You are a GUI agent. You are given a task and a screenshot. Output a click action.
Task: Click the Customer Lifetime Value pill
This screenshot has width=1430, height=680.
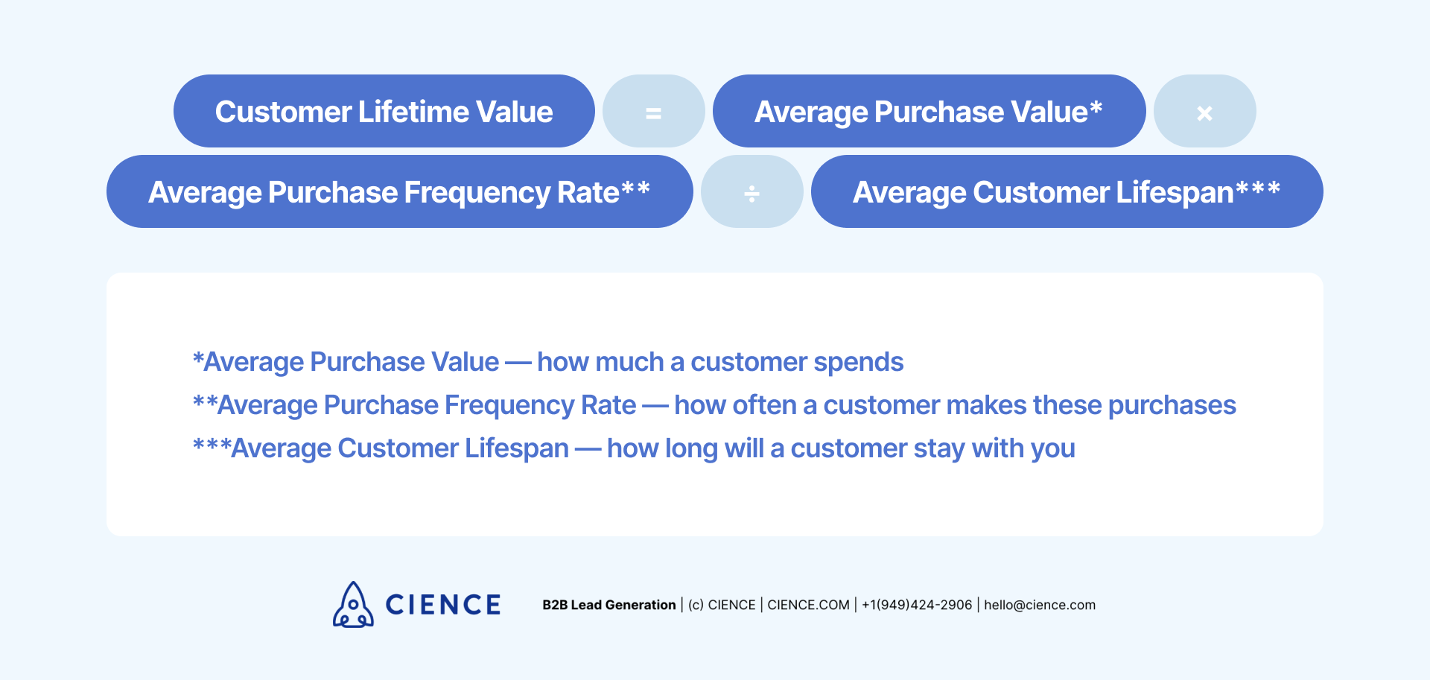(384, 111)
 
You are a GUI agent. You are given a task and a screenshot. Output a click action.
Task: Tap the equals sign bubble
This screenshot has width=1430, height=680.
(653, 112)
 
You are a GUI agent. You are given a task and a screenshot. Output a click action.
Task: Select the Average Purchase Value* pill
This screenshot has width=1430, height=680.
(928, 111)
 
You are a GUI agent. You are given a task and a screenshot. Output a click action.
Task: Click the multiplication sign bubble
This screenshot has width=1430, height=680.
(1204, 112)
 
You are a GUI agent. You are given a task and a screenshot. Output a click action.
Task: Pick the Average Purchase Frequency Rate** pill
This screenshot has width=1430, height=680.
(399, 192)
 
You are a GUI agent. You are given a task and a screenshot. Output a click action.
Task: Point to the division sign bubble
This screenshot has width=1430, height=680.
(751, 192)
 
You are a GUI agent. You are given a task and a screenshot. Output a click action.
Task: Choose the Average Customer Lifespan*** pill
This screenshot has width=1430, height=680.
(1066, 192)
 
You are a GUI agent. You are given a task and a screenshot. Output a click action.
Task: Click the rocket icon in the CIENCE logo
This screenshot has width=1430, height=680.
(353, 605)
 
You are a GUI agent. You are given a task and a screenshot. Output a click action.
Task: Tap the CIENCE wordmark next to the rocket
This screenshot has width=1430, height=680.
(443, 605)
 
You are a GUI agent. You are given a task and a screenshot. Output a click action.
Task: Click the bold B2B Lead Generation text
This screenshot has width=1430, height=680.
(608, 605)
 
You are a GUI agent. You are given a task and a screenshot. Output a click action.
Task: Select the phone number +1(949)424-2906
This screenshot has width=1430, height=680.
(916, 605)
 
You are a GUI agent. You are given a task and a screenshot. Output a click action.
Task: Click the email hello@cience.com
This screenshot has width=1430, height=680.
(1039, 605)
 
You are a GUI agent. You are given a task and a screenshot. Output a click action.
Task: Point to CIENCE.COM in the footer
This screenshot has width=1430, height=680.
(808, 605)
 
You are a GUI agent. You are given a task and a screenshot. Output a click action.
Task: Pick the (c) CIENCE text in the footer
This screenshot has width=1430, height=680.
(721, 605)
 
